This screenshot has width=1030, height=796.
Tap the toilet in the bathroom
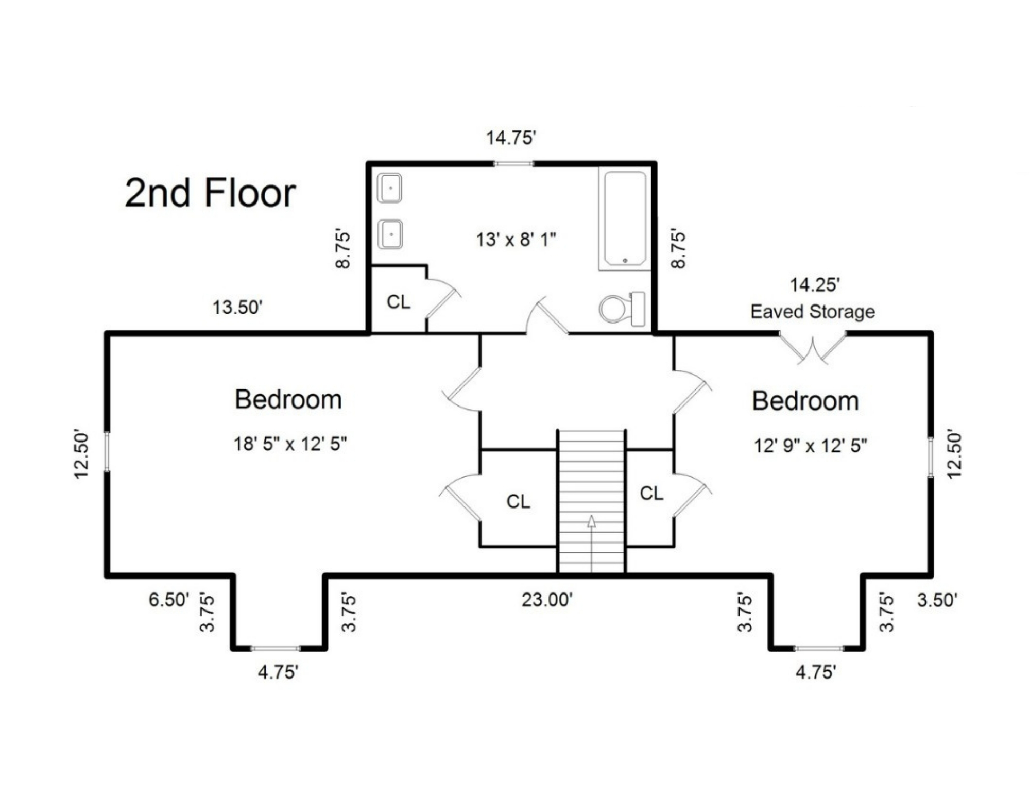tap(622, 309)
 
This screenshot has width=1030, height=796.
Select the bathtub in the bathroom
tap(625, 218)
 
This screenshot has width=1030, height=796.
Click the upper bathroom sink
tap(390, 188)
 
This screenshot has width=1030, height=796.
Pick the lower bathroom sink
tap(390, 234)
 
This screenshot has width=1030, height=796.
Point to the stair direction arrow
tap(592, 543)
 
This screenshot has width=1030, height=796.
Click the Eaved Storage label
tap(813, 312)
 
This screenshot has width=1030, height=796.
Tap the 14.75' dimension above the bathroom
tap(511, 138)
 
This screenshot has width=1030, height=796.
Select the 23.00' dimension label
tap(547, 600)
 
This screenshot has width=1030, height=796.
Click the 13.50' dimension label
tap(237, 308)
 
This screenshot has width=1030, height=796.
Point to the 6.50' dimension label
tap(169, 600)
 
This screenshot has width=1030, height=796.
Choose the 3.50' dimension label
tap(937, 600)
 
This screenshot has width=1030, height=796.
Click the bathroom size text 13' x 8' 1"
tap(516, 240)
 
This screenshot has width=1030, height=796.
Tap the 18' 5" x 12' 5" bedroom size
tap(290, 444)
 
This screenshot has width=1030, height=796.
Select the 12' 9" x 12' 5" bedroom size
tap(810, 445)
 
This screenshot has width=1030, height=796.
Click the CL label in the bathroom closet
tap(399, 302)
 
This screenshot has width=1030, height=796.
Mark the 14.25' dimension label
tap(815, 285)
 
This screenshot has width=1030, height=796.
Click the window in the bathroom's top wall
tap(513, 164)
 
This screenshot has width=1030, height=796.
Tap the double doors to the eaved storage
tap(812, 347)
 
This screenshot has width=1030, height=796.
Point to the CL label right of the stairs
tap(651, 494)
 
